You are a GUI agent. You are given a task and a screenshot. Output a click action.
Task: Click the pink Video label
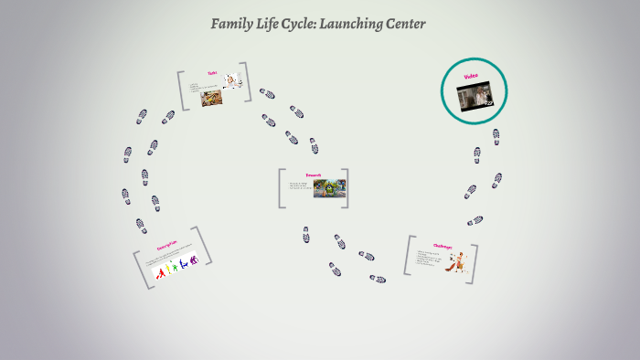(x=472, y=76)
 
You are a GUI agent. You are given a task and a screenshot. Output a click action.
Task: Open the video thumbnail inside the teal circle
(x=475, y=95)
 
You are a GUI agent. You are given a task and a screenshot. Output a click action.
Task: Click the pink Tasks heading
(x=212, y=73)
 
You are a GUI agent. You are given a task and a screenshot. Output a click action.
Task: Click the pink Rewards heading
(x=312, y=174)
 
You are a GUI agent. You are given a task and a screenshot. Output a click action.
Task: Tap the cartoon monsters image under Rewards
(x=329, y=188)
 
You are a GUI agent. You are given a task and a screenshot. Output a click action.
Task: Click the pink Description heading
(x=165, y=246)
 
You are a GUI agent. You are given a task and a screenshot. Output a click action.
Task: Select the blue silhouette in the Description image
(x=182, y=265)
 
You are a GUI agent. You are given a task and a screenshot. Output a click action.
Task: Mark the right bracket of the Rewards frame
(x=346, y=187)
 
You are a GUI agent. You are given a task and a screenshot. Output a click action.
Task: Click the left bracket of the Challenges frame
(x=408, y=256)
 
